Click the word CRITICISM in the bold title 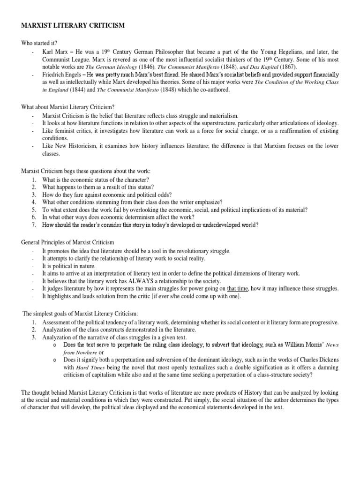(x=105, y=26)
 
